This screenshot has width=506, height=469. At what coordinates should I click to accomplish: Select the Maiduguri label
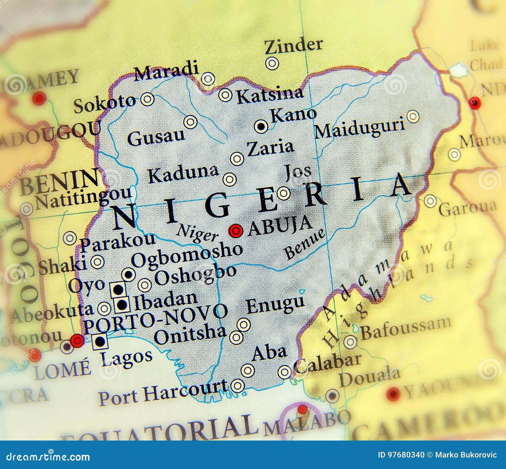(x=360, y=128)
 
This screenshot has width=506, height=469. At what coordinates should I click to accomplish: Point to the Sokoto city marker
(x=147, y=99)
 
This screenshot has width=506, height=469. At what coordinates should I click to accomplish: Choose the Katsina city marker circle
(x=225, y=94)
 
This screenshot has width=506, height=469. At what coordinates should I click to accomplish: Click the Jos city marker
(x=283, y=193)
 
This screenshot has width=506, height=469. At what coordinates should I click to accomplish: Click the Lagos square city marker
(x=100, y=341)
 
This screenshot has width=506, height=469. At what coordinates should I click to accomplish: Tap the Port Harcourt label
(x=163, y=393)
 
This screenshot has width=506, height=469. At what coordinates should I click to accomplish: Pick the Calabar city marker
(x=285, y=372)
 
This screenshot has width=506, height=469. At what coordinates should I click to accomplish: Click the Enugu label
(x=275, y=305)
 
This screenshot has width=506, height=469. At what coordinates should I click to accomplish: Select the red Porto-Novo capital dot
(x=77, y=341)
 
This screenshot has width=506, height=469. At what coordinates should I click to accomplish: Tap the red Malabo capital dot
(x=302, y=410)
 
